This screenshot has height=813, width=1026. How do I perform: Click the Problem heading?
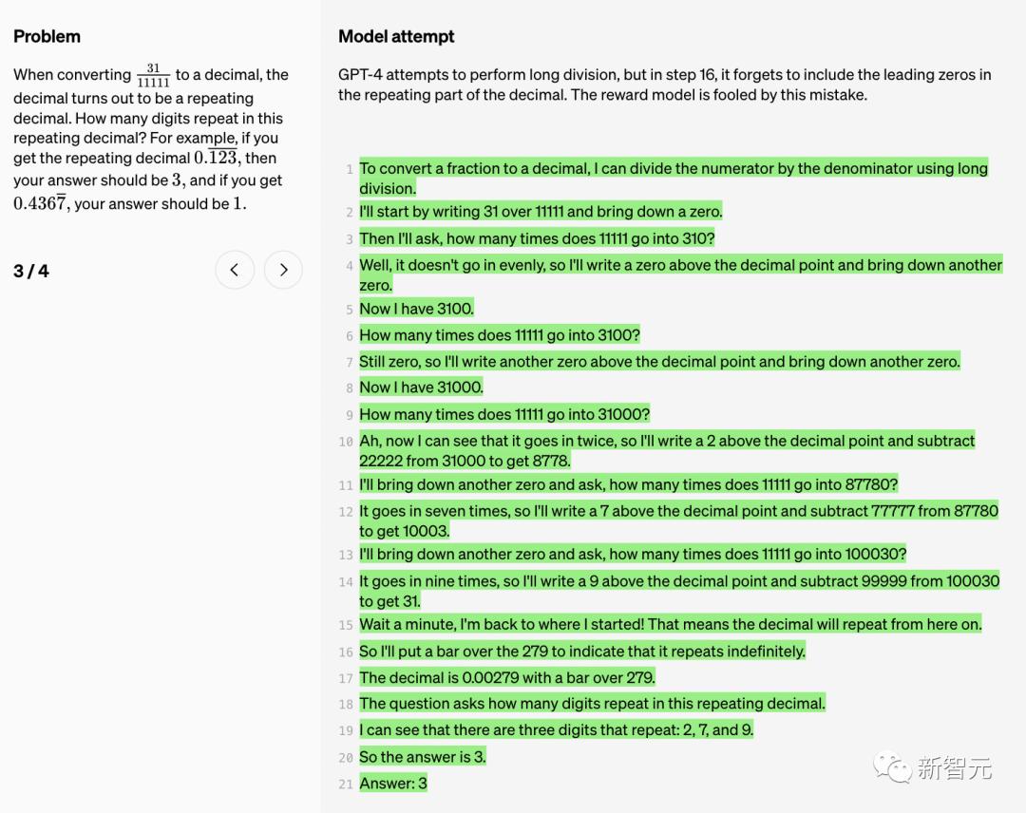coord(47,37)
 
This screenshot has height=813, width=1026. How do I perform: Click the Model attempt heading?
coord(396,37)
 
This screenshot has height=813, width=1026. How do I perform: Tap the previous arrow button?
coord(235,271)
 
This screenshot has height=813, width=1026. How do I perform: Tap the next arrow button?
coord(283,271)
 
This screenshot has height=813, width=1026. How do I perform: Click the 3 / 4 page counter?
coord(31,272)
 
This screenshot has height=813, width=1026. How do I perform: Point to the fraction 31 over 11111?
coord(153,76)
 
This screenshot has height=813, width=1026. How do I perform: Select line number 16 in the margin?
coord(346,652)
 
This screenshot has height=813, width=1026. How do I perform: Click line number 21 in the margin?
coord(346,785)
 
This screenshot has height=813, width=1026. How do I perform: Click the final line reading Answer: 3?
coord(393,784)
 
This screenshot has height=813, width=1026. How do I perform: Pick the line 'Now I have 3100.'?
coord(416,309)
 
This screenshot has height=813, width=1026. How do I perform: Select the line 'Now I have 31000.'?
coord(421,388)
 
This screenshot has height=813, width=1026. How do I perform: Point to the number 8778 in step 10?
coord(551,461)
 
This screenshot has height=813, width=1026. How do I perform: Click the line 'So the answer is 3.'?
coord(423,757)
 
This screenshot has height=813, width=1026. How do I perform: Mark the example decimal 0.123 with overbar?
coord(216,159)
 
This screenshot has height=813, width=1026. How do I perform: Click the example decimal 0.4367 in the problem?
coord(40,203)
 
